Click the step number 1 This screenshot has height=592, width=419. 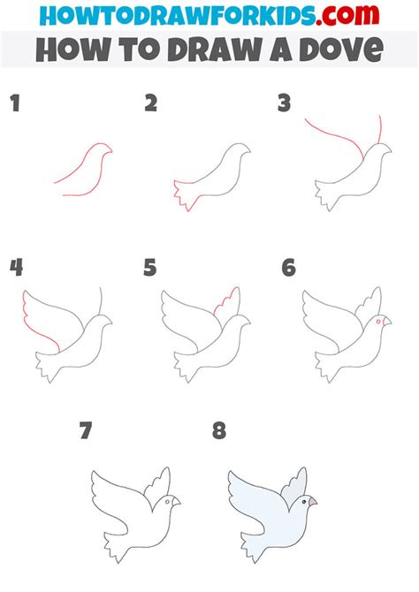click(x=14, y=104)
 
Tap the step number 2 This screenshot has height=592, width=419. click(x=151, y=104)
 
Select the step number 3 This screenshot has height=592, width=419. click(x=284, y=104)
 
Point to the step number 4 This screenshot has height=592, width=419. click(x=15, y=267)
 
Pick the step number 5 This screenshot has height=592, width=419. click(x=151, y=267)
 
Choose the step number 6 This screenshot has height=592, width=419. click(x=288, y=267)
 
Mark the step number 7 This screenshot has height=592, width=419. click(x=85, y=431)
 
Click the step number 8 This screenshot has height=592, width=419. click(x=219, y=431)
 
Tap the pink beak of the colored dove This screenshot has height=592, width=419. click(x=312, y=502)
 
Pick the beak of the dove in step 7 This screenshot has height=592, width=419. click(x=177, y=502)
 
